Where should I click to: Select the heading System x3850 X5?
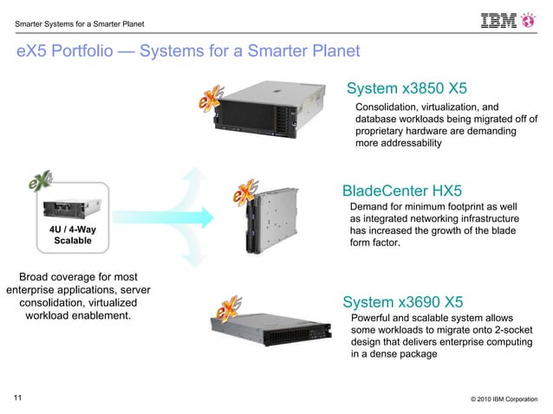click(x=407, y=88)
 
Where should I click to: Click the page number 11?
click(x=17, y=398)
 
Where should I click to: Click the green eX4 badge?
click(x=39, y=184)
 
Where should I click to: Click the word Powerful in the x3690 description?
click(x=374, y=318)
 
